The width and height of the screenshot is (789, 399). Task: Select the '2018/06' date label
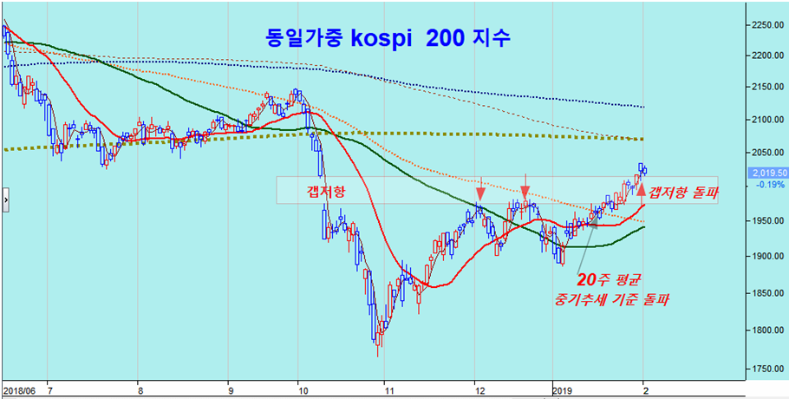click(18, 390)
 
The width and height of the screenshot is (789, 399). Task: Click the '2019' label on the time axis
click(564, 390)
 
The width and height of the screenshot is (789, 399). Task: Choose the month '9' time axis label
click(229, 390)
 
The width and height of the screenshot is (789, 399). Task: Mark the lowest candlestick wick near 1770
click(377, 353)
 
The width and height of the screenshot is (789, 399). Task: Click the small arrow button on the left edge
click(5, 199)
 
